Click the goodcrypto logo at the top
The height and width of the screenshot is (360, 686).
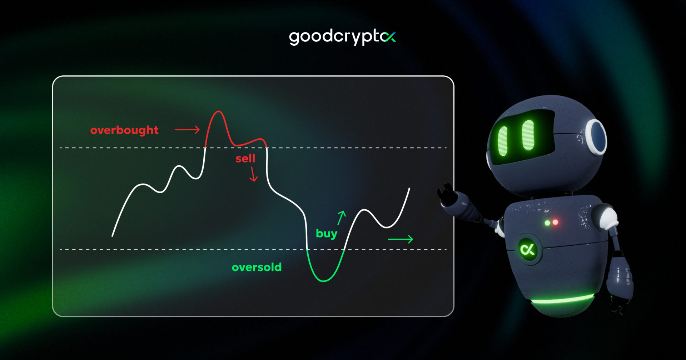point(342,37)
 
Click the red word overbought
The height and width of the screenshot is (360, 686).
point(124,130)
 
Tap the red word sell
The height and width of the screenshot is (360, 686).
point(245,158)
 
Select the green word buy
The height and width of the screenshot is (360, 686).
point(327,234)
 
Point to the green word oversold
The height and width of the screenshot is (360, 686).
point(257,267)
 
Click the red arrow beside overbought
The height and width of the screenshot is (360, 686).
point(187,130)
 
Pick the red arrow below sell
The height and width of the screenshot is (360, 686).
point(253,174)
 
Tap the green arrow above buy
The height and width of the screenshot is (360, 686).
point(342,217)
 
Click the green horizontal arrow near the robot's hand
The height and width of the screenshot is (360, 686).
point(401,239)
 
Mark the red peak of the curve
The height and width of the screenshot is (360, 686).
point(217,112)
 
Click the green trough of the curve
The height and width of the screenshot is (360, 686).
point(324,281)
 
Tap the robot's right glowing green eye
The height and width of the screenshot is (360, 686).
point(528,135)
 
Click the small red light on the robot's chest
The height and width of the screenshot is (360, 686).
point(555,222)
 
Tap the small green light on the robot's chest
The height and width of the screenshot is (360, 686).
point(547,223)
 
